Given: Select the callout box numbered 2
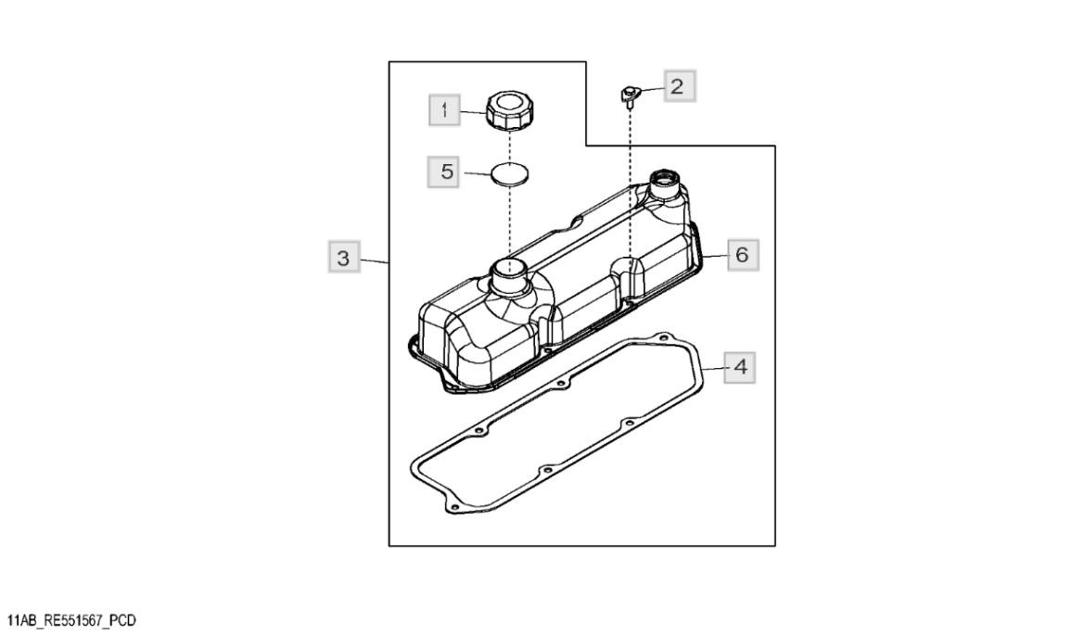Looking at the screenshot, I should (x=676, y=87).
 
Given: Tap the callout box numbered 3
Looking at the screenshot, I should (x=345, y=259).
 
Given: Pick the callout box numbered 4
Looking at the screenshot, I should (x=739, y=367).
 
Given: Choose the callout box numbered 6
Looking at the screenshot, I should (x=741, y=253).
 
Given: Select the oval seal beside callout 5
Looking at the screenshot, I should (x=509, y=174).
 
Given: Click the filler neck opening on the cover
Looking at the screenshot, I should (x=509, y=268).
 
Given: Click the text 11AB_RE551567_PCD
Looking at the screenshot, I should (x=71, y=619).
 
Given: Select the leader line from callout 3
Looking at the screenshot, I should (x=375, y=261).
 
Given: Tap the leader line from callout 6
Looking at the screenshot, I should (x=716, y=254).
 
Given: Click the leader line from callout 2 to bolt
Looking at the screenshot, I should (x=650, y=89).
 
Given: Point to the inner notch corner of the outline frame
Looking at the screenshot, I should (x=587, y=145).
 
